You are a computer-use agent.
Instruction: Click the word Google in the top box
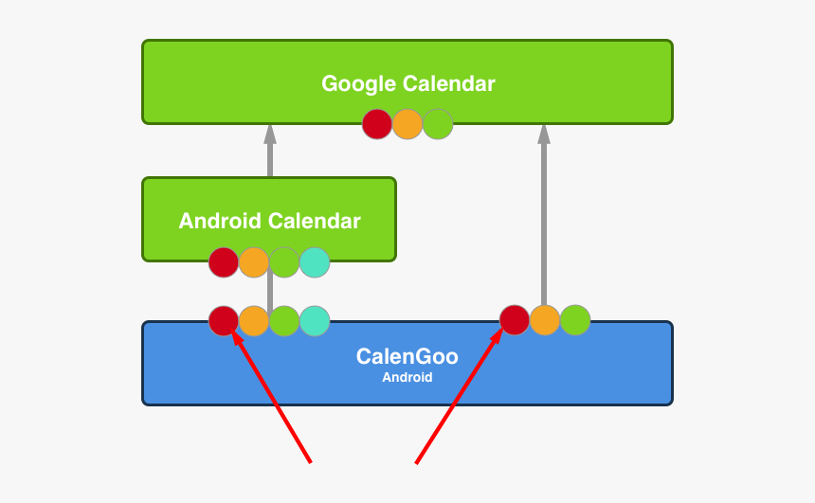point(359,84)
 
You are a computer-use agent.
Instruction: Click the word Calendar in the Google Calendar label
point(448,83)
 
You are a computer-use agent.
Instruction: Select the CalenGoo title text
point(407,356)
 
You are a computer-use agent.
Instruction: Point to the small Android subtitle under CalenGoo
point(407,377)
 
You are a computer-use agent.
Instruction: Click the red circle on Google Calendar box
point(377,124)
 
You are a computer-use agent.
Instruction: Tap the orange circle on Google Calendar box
point(407,124)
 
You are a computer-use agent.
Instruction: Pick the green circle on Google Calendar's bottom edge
point(438,124)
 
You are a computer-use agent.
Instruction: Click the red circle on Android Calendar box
point(224,262)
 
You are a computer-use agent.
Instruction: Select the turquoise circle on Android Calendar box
point(315,262)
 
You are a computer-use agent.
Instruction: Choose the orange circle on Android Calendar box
point(254,262)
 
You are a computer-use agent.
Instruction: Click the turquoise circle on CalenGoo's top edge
point(315,320)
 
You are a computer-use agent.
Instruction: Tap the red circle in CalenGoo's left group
point(224,320)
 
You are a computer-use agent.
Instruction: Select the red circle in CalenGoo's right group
point(515,320)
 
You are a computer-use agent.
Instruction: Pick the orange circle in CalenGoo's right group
point(545,320)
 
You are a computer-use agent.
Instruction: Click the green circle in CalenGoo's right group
point(575,320)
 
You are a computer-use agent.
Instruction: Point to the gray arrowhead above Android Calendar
point(270,135)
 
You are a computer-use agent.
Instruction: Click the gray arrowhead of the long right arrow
point(544,135)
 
